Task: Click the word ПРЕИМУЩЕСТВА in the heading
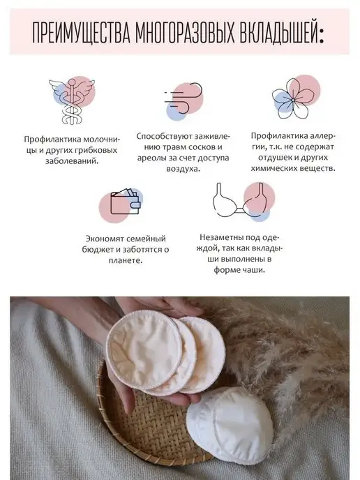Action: (82, 33)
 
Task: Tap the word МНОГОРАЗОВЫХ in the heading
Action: (186, 33)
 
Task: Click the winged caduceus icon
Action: (73, 102)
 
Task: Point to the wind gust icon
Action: (183, 100)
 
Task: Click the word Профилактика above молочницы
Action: (49, 140)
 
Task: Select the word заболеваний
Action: (73, 161)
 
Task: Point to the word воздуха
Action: (183, 169)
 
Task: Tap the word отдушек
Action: (275, 158)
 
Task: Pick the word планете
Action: (126, 261)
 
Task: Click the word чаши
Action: (255, 270)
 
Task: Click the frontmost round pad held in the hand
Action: (144, 350)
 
